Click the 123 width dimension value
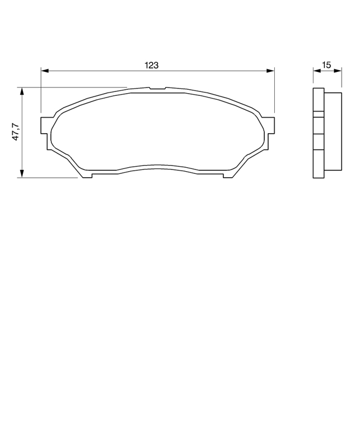pyautogui.click(x=152, y=65)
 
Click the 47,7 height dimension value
pyautogui.click(x=16, y=132)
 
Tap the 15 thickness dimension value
pyautogui.click(x=327, y=65)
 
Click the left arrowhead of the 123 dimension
pyautogui.click(x=45, y=71)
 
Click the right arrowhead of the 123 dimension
pyautogui.click(x=270, y=71)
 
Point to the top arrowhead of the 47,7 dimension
pyautogui.click(x=22, y=91)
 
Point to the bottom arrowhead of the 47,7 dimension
pyautogui.click(x=22, y=174)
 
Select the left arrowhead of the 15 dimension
pyautogui.click(x=317, y=71)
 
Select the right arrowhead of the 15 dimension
pyautogui.click(x=338, y=71)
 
